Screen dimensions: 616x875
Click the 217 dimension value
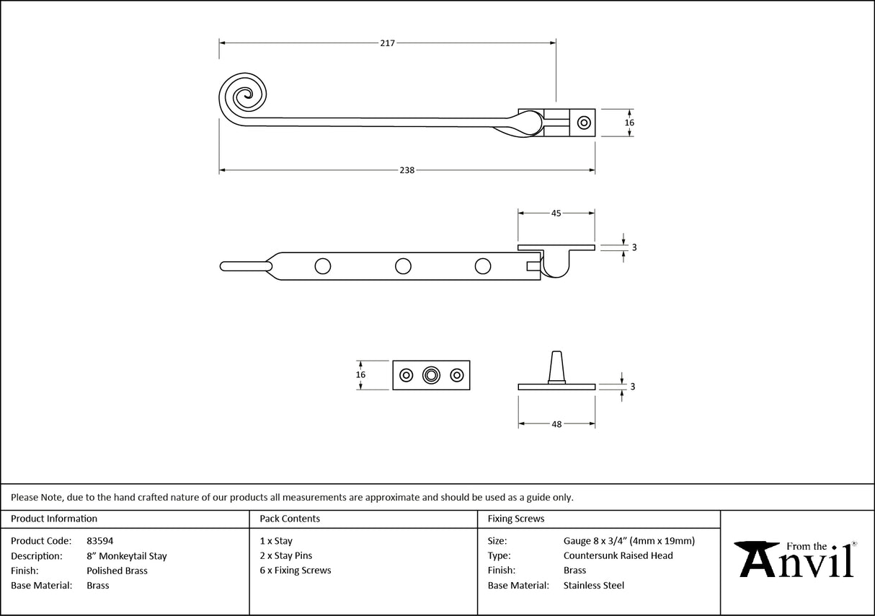(x=387, y=43)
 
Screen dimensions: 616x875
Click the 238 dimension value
(x=407, y=170)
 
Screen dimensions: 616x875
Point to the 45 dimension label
(x=556, y=213)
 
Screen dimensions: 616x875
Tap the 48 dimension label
(x=556, y=424)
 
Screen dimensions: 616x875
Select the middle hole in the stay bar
(x=404, y=266)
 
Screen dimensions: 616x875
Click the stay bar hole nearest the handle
(x=323, y=266)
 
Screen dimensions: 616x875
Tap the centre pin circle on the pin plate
(x=431, y=375)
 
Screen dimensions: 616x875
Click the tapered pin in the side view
(x=556, y=366)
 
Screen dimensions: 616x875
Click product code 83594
(x=99, y=541)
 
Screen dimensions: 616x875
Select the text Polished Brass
(x=117, y=571)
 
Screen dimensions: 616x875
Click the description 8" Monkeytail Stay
(x=126, y=556)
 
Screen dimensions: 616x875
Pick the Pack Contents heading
(x=290, y=519)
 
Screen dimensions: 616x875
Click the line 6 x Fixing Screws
(x=296, y=571)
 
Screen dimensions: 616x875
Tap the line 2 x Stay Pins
(x=286, y=556)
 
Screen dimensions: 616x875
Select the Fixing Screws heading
(x=516, y=519)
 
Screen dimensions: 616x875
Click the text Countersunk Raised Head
(x=618, y=556)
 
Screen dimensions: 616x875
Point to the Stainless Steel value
(x=593, y=586)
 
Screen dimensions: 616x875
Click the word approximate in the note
(x=392, y=497)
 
